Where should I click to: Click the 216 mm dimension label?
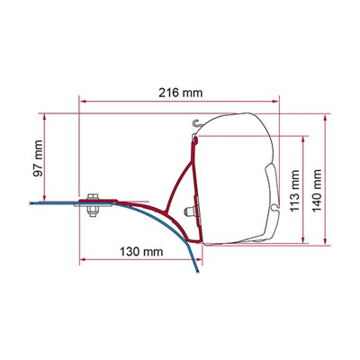point(181,93)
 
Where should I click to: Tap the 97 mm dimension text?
point(38,158)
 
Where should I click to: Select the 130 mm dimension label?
point(141,251)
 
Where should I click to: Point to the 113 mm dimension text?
point(294,191)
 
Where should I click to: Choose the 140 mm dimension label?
point(317,191)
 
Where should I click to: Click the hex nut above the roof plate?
point(93,197)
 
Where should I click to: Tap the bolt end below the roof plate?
point(93,211)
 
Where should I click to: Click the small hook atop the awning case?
point(196,123)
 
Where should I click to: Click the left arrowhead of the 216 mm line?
point(83,102)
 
